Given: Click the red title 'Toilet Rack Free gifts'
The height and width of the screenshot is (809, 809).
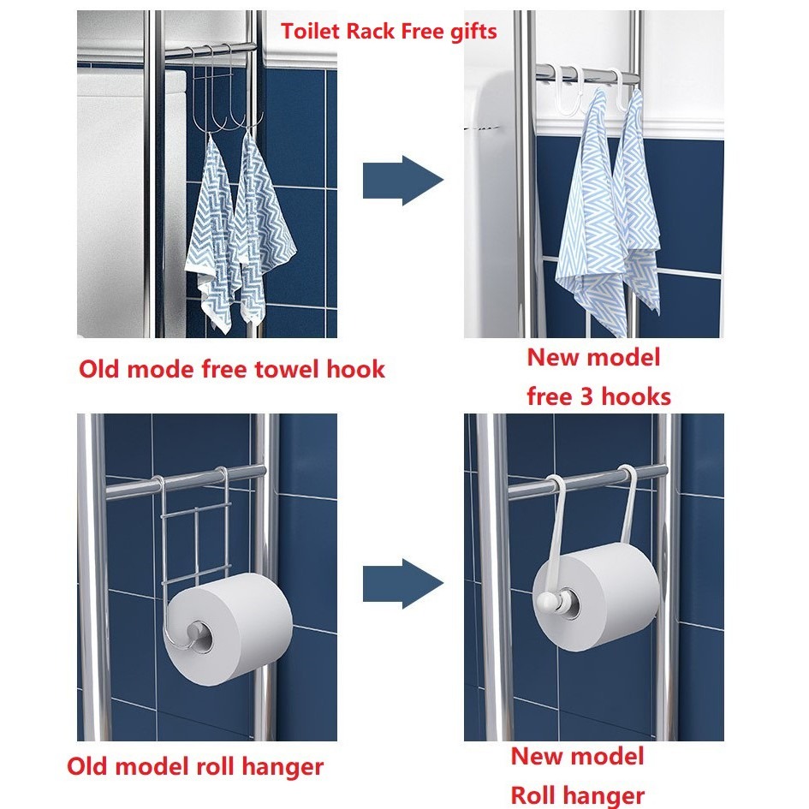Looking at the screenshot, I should [x=389, y=32].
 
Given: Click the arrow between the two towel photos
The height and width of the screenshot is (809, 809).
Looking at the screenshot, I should [x=402, y=181].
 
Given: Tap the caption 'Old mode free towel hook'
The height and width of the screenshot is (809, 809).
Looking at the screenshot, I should [x=232, y=369].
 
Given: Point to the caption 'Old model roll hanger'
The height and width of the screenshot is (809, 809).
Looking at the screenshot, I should [x=195, y=765].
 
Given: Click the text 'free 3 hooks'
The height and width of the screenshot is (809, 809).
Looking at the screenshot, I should [x=598, y=396].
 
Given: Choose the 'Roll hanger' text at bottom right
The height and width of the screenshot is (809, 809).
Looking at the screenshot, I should [x=577, y=795].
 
